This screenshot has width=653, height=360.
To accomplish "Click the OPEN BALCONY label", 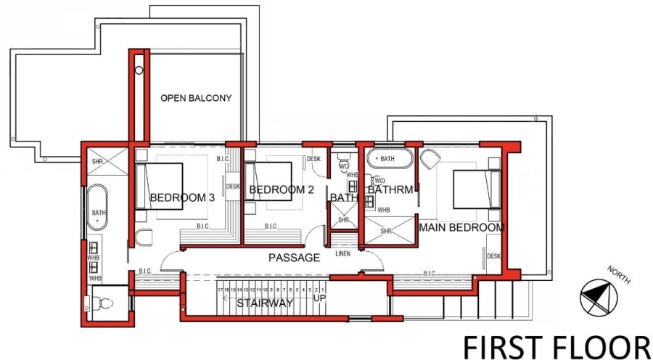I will pyautogui.click(x=196, y=98).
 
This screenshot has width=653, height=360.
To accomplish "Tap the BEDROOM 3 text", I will pyautogui.click(x=182, y=197).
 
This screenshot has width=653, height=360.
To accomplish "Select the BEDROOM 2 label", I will pyautogui.click(x=281, y=190).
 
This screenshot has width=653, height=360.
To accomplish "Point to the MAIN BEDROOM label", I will pyautogui.click(x=461, y=228).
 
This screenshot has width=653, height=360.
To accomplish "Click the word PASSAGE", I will pyautogui.click(x=294, y=258).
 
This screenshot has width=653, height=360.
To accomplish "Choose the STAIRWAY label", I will pyautogui.click(x=264, y=303).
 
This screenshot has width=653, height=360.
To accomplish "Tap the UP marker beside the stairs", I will pyautogui.click(x=319, y=298).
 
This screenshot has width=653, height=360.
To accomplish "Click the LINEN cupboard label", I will pyautogui.click(x=342, y=254).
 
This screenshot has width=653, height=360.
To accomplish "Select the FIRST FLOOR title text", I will pyautogui.click(x=557, y=344).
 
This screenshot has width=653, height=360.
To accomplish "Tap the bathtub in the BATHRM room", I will pyautogui.click(x=390, y=158).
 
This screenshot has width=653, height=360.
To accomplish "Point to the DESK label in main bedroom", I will pyautogui.click(x=493, y=256).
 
